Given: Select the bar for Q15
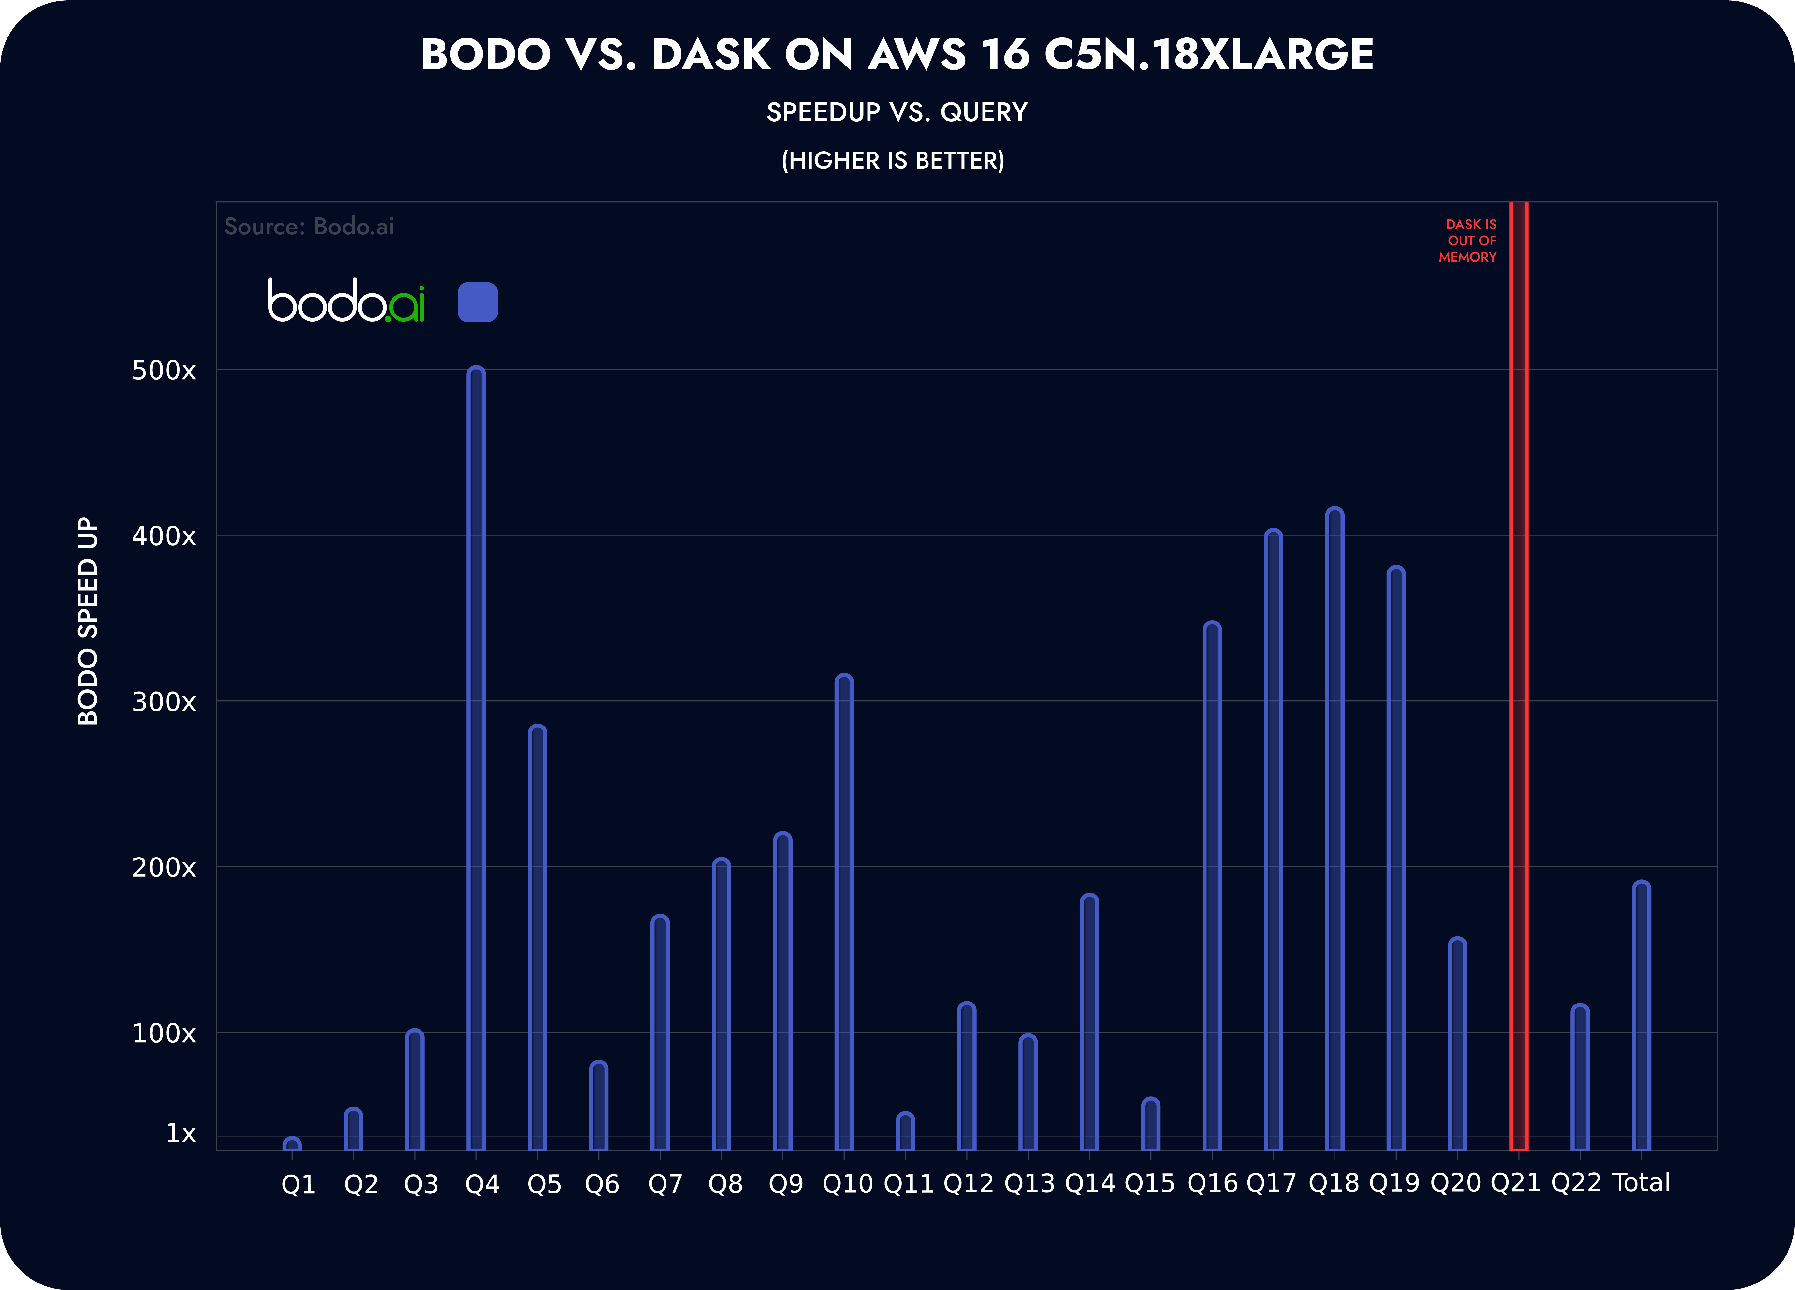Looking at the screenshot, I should click(1151, 1124).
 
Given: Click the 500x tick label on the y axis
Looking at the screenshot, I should click(164, 370).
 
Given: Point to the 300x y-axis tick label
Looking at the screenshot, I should click(164, 702).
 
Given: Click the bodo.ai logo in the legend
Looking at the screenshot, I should click(346, 301).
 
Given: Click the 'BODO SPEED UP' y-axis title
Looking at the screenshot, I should click(88, 621).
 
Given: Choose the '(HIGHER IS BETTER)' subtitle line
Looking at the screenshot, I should click(893, 161).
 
